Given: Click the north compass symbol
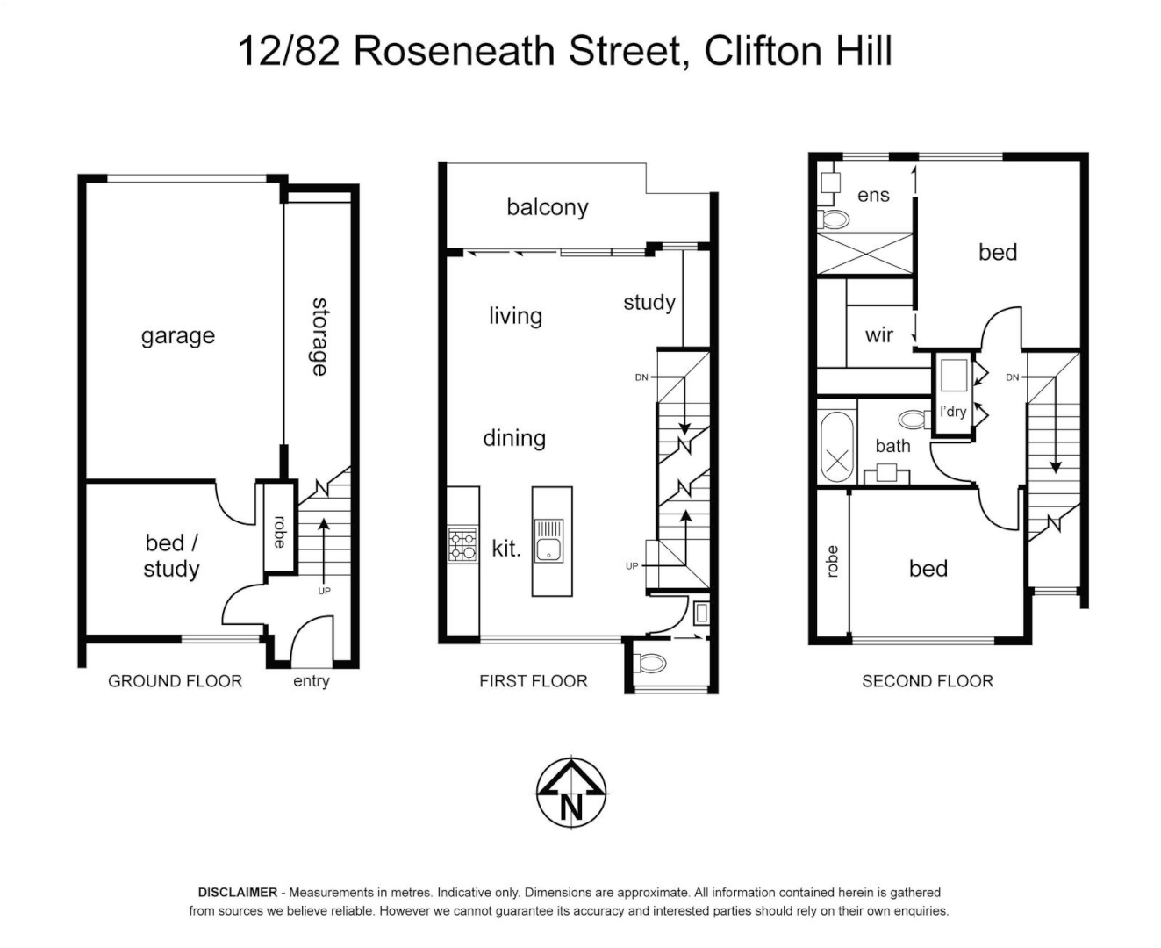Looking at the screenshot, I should coord(571,792).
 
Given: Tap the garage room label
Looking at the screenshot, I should coord(178,336).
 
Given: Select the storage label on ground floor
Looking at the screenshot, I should coord(320,337).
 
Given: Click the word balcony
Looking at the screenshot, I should coord(547,208).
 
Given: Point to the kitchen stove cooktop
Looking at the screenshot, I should coord(462,543).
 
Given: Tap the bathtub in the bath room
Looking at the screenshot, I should coord(837,448).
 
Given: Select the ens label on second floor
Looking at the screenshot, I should coord(873,196).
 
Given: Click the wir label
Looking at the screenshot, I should coord(878,334).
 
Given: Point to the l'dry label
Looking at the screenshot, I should coord(953,411).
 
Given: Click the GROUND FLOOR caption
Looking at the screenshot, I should coord(175,681).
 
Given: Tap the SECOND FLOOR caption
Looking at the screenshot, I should coord(928,681).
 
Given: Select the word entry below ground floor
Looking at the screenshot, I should coord(312,681).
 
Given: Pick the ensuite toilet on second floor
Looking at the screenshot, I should coord(835,219).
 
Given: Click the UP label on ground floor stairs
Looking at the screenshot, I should coord(324,591).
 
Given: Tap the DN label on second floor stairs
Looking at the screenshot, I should coord(1013,377).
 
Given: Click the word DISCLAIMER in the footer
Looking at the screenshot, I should coord(237,893).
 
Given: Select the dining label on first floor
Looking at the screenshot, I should coord(514,438).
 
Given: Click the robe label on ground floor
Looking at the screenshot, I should coord(279,531).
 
